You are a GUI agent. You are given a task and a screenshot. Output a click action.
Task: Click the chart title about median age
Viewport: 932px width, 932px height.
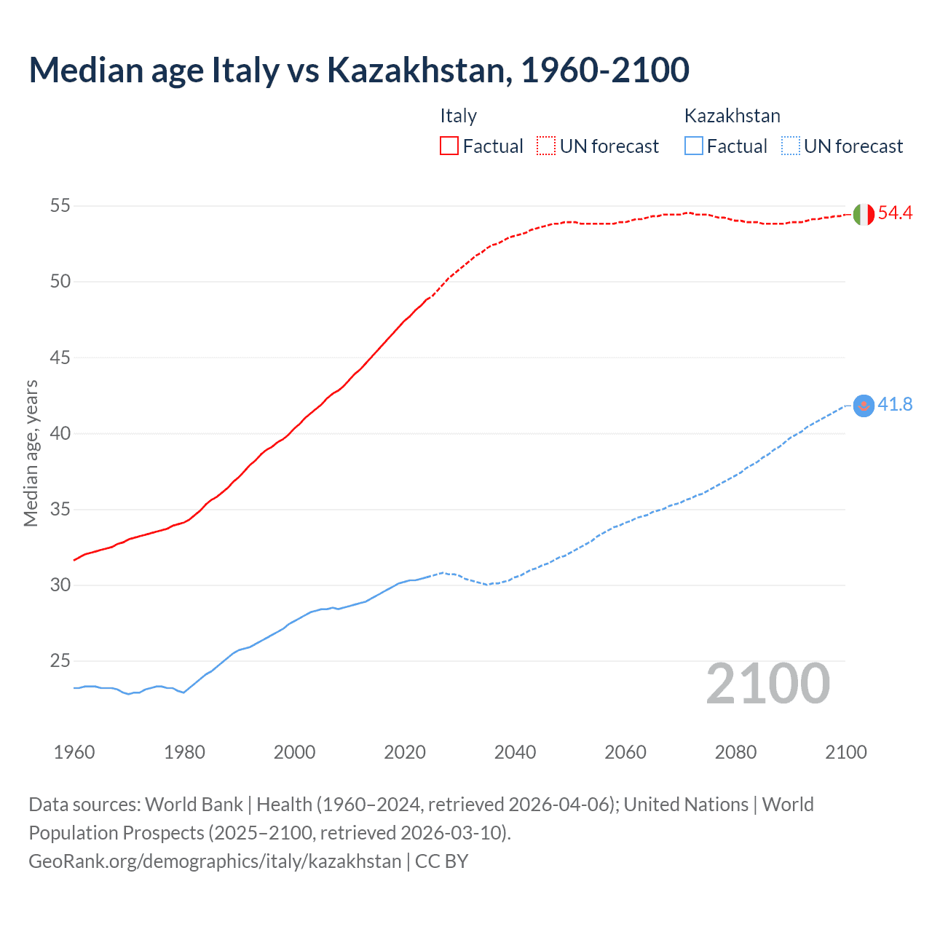click(359, 70)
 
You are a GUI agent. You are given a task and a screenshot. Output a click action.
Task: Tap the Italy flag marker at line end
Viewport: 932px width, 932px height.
click(863, 215)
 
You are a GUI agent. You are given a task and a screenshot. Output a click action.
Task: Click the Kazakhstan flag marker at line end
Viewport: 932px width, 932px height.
click(863, 406)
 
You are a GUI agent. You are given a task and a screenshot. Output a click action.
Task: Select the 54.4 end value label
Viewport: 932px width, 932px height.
click(895, 213)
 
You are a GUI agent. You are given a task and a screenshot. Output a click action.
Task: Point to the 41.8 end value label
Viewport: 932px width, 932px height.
click(895, 405)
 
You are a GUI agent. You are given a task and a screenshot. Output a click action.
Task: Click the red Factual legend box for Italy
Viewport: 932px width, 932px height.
click(449, 146)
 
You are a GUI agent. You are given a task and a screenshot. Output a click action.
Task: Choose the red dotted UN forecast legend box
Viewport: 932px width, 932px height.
click(546, 146)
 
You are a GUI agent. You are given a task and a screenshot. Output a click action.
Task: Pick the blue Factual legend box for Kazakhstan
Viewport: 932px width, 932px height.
click(694, 146)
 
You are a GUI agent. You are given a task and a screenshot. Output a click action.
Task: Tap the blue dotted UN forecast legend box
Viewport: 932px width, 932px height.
click(790, 146)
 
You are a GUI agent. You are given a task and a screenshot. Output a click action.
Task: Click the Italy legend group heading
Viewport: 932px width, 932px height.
click(458, 116)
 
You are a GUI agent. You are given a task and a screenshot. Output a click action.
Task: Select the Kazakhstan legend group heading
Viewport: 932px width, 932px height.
click(732, 116)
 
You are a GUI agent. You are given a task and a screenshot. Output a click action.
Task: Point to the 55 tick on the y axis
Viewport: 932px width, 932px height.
click(60, 206)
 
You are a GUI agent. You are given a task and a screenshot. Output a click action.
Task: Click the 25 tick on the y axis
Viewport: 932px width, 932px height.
click(60, 661)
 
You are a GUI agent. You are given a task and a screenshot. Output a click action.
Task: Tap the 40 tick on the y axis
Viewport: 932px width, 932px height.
click(60, 433)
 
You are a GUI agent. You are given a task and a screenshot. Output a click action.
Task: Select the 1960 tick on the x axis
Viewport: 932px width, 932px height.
click(74, 752)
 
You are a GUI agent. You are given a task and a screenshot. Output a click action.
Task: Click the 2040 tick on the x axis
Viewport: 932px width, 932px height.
click(515, 752)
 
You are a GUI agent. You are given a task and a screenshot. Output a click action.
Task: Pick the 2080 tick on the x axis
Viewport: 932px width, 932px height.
click(735, 752)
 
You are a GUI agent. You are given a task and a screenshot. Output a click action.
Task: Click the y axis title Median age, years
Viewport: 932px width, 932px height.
click(31, 453)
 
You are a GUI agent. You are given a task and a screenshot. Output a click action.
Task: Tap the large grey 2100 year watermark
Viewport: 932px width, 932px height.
click(767, 684)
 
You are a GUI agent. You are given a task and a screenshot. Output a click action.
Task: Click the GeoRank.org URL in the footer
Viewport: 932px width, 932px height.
click(215, 861)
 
